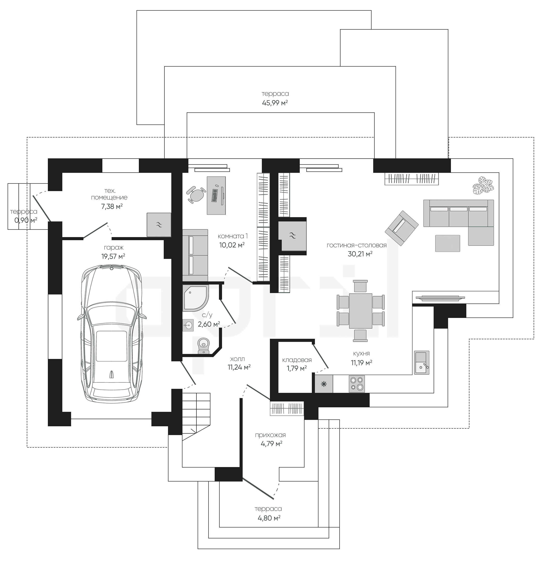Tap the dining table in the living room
(x=360, y=311)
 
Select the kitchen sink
(x=421, y=362)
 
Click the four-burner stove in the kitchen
(x=357, y=384)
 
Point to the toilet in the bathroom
(x=203, y=346)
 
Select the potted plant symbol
(x=483, y=185)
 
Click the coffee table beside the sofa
(x=447, y=243)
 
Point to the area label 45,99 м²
(x=275, y=103)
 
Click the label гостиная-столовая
(x=357, y=245)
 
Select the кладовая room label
(x=297, y=360)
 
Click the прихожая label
(x=270, y=435)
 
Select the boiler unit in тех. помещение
(x=159, y=225)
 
